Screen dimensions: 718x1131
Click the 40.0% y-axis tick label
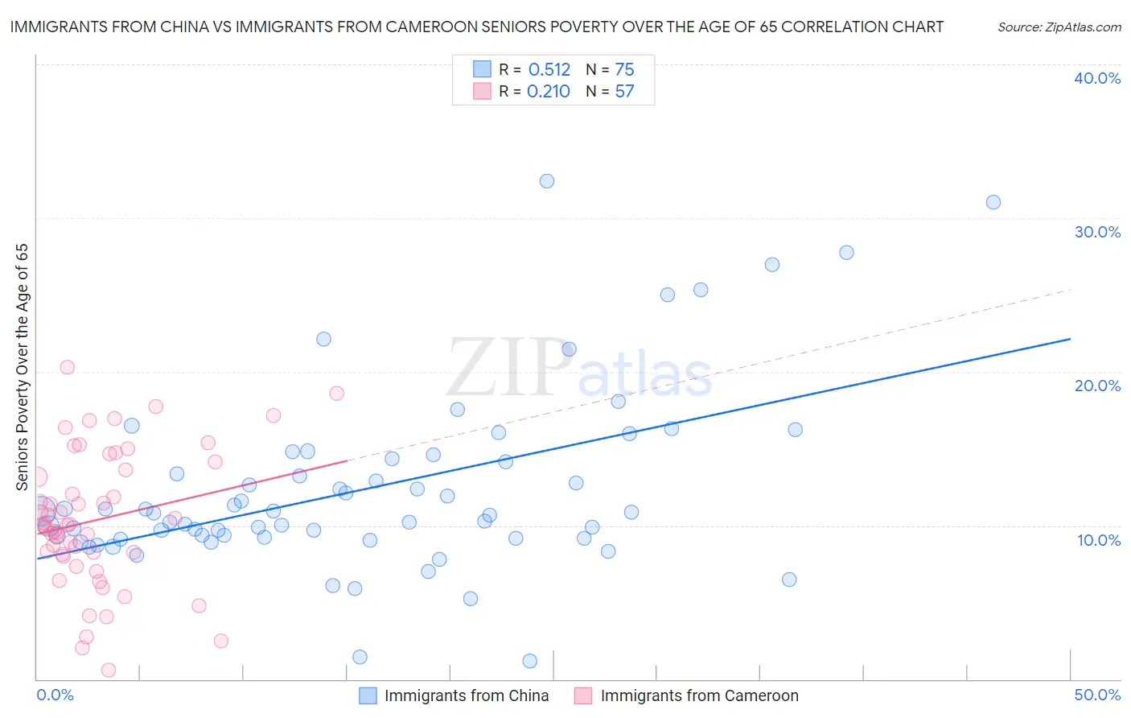1097,78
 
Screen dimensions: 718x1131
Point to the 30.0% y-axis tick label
1097,232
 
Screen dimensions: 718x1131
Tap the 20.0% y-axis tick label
1097,386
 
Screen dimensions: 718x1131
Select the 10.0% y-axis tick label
1099,540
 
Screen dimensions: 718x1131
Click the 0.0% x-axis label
55,695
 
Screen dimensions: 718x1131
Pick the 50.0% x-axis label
1097,695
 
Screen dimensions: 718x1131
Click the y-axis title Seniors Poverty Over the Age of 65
22,366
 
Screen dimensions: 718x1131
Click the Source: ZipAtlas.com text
1059,27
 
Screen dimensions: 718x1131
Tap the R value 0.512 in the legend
549,70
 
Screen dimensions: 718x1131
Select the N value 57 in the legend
624,92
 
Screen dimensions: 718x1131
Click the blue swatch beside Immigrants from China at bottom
368,695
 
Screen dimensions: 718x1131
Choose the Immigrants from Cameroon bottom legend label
699,695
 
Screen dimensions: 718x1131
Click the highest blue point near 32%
547,181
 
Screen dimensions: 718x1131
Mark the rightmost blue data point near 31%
993,202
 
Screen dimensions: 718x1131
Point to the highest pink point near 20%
68,367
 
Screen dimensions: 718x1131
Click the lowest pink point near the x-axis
109,671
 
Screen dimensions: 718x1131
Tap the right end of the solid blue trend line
1070,339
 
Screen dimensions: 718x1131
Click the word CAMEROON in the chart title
429,27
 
